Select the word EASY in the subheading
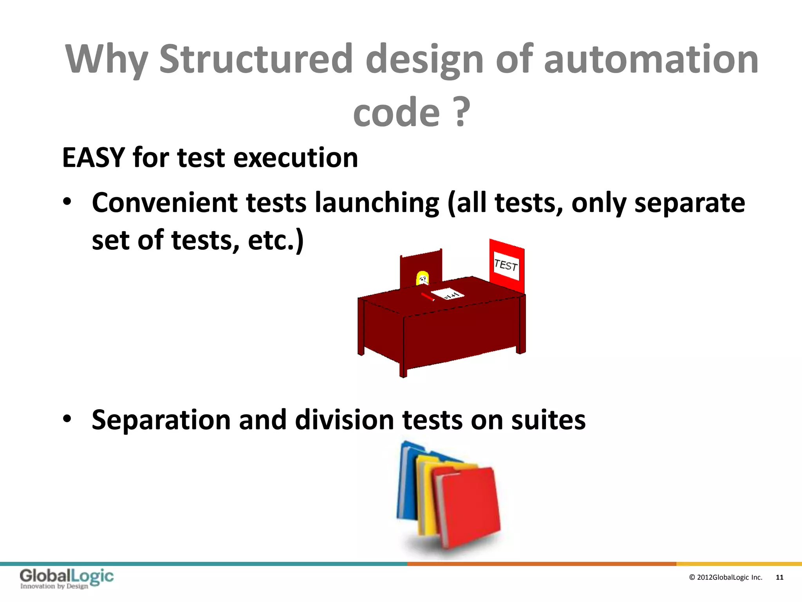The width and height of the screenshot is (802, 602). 93,158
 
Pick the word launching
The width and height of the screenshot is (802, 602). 377,203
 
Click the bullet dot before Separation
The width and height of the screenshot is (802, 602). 67,419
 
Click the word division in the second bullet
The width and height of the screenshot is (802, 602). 344,420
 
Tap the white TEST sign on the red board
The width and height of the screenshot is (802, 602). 506,265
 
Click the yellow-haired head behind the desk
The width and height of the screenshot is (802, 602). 422,278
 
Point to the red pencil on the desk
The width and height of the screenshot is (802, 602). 428,297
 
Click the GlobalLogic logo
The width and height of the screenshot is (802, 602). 67,578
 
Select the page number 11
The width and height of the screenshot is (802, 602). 779,577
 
